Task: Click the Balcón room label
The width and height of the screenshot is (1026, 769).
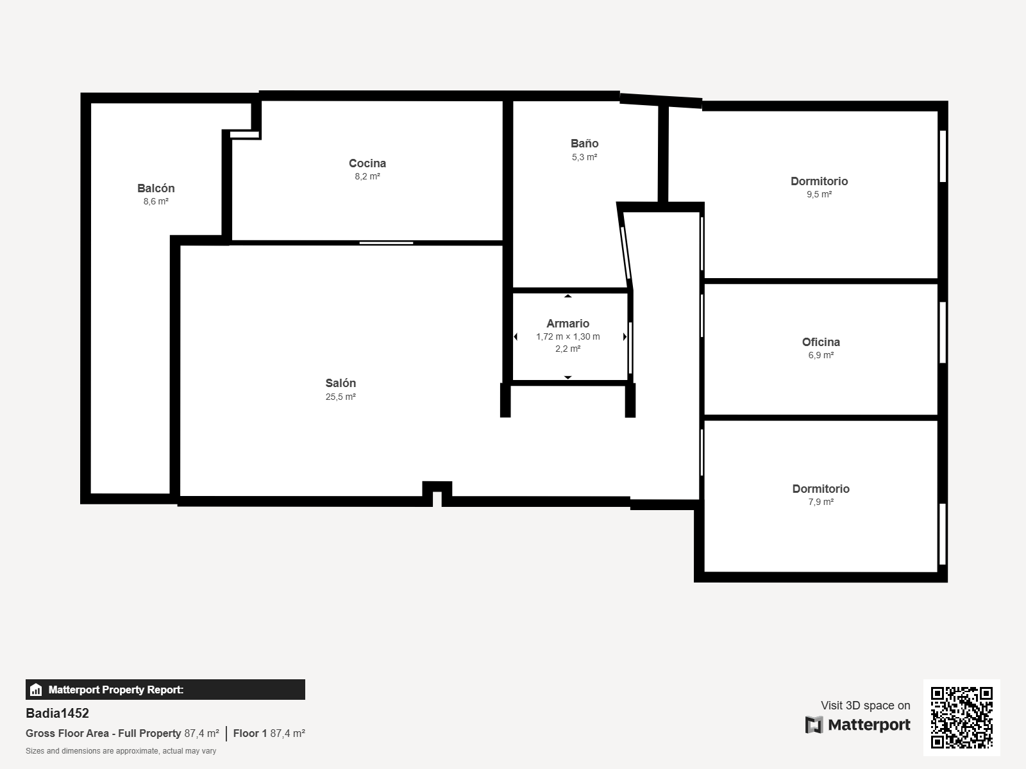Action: (156, 188)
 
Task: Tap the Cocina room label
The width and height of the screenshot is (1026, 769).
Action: (367, 163)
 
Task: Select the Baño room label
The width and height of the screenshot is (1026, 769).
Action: (584, 144)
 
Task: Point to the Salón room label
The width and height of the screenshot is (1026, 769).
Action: (341, 383)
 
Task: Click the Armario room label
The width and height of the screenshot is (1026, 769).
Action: (568, 324)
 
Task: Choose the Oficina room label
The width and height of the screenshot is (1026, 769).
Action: (821, 342)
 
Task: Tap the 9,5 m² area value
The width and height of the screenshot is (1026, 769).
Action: (819, 194)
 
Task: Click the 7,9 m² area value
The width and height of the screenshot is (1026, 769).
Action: (821, 502)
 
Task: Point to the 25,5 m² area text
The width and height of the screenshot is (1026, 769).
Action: (341, 397)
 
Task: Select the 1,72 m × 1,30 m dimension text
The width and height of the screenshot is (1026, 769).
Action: (568, 336)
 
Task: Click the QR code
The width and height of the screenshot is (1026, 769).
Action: (961, 718)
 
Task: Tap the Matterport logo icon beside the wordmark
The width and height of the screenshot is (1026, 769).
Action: (814, 725)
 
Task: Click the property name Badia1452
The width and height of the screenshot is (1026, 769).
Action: (57, 713)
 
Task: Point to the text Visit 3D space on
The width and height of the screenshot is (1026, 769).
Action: (865, 706)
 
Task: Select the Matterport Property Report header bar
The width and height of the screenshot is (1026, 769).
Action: (165, 690)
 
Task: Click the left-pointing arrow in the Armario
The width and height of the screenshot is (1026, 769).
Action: (516, 336)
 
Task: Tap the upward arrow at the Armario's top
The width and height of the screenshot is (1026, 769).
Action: (568, 296)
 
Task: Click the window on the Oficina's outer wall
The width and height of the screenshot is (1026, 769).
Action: (943, 333)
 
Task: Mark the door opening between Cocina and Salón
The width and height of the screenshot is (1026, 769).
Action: (386, 243)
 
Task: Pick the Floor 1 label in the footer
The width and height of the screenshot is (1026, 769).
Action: (249, 734)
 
